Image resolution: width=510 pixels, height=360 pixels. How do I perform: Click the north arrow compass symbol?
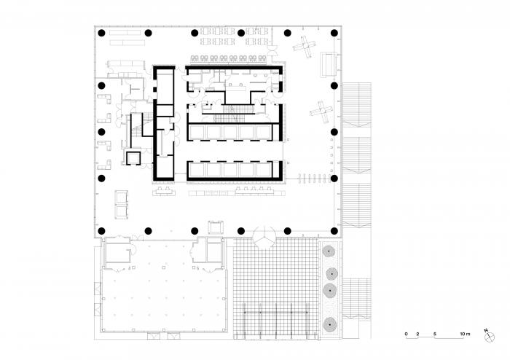point(489,337)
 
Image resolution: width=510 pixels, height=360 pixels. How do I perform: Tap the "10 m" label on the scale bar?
point(465,334)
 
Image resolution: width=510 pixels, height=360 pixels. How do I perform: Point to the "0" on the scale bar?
point(407,334)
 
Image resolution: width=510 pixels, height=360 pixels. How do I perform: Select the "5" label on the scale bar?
point(434,334)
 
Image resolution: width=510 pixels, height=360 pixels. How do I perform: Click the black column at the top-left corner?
point(102,33)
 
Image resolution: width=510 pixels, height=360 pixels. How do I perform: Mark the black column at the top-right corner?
point(334,33)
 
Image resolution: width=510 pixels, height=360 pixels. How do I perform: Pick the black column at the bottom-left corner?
point(102,231)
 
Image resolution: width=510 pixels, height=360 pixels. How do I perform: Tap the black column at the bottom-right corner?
point(334,231)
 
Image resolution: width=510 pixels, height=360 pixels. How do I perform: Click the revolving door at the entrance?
point(264,238)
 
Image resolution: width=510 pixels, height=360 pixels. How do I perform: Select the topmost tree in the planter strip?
point(329,251)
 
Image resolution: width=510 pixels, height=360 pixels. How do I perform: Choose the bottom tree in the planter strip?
point(330,324)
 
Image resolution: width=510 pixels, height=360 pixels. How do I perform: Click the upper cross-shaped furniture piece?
point(304,47)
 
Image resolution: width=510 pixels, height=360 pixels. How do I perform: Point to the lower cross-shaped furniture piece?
point(321,111)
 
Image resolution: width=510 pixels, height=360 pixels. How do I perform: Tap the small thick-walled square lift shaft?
point(133,158)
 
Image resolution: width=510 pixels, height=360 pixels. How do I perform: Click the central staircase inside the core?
point(229,114)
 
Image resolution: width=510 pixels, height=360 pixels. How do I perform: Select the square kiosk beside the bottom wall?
point(216,227)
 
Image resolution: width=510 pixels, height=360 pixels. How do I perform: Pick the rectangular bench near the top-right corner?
point(328,64)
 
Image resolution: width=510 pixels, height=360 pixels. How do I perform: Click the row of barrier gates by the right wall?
point(312,179)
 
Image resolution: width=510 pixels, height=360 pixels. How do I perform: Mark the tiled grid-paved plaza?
point(276,289)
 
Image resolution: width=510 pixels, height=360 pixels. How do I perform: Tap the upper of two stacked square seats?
point(122,197)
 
